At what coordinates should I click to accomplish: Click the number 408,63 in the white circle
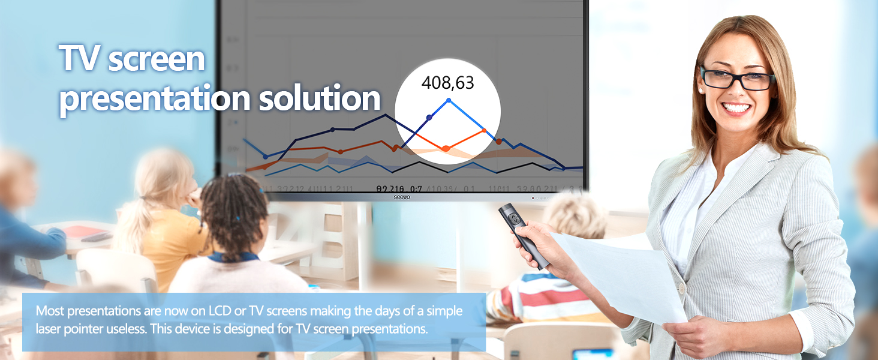[x=447, y=83]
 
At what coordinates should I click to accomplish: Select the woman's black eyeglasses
[x=737, y=79]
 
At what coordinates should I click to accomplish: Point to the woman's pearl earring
[x=700, y=90]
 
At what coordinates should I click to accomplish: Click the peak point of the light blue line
[x=449, y=100]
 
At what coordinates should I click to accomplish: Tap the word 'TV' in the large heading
[x=80, y=59]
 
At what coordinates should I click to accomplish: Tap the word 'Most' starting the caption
[x=50, y=311]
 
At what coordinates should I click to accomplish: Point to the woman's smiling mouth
[x=736, y=109]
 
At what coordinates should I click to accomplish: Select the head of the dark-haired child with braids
[x=234, y=210]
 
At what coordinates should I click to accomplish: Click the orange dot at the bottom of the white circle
[x=446, y=148]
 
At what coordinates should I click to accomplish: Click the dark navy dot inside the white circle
[x=429, y=118]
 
